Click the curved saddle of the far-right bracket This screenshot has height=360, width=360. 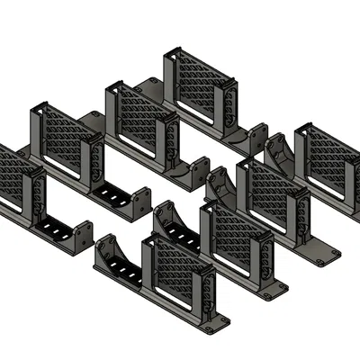(279, 153)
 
